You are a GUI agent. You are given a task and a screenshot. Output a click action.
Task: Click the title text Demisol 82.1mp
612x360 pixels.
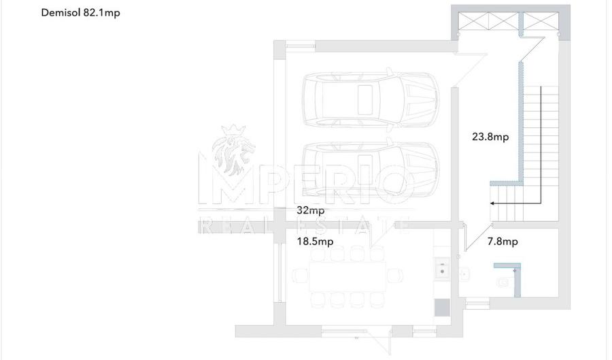(x=80, y=13)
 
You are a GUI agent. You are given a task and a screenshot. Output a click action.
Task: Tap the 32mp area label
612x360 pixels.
(x=311, y=210)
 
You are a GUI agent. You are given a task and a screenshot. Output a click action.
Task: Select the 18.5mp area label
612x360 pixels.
(x=316, y=242)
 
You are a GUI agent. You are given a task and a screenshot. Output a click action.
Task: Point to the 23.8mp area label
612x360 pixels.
(x=490, y=137)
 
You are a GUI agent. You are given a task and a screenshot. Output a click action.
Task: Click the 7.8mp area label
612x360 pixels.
(x=503, y=242)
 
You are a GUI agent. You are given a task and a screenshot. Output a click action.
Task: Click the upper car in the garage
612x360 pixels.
(x=371, y=99)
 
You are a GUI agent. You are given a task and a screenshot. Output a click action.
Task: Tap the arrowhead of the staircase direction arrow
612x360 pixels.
(x=492, y=203)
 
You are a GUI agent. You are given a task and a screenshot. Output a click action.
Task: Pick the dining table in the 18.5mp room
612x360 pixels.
(x=347, y=276)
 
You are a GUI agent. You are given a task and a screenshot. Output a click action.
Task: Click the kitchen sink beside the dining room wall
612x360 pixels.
(x=442, y=268)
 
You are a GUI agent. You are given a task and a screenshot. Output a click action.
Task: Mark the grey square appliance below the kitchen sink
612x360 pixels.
(x=442, y=308)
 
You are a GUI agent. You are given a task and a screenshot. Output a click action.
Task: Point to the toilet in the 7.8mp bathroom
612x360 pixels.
(x=503, y=282)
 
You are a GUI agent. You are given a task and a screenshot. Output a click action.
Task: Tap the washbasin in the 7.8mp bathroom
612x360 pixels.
(x=464, y=274)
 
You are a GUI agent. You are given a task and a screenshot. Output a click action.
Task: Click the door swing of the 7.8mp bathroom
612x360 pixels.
(x=479, y=237)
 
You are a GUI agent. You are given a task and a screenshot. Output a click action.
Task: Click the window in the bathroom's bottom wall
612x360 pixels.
(x=478, y=301)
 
